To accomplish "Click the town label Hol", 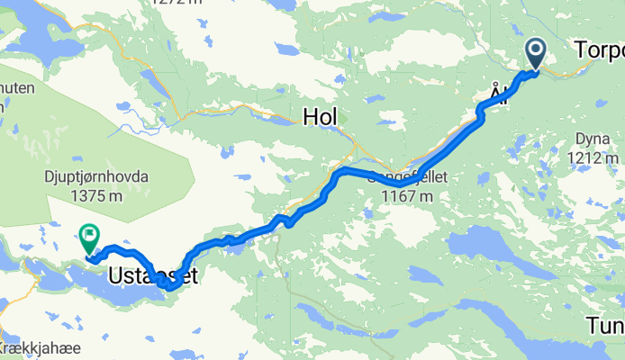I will [x=321, y=116].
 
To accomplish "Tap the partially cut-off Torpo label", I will [x=599, y=52].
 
